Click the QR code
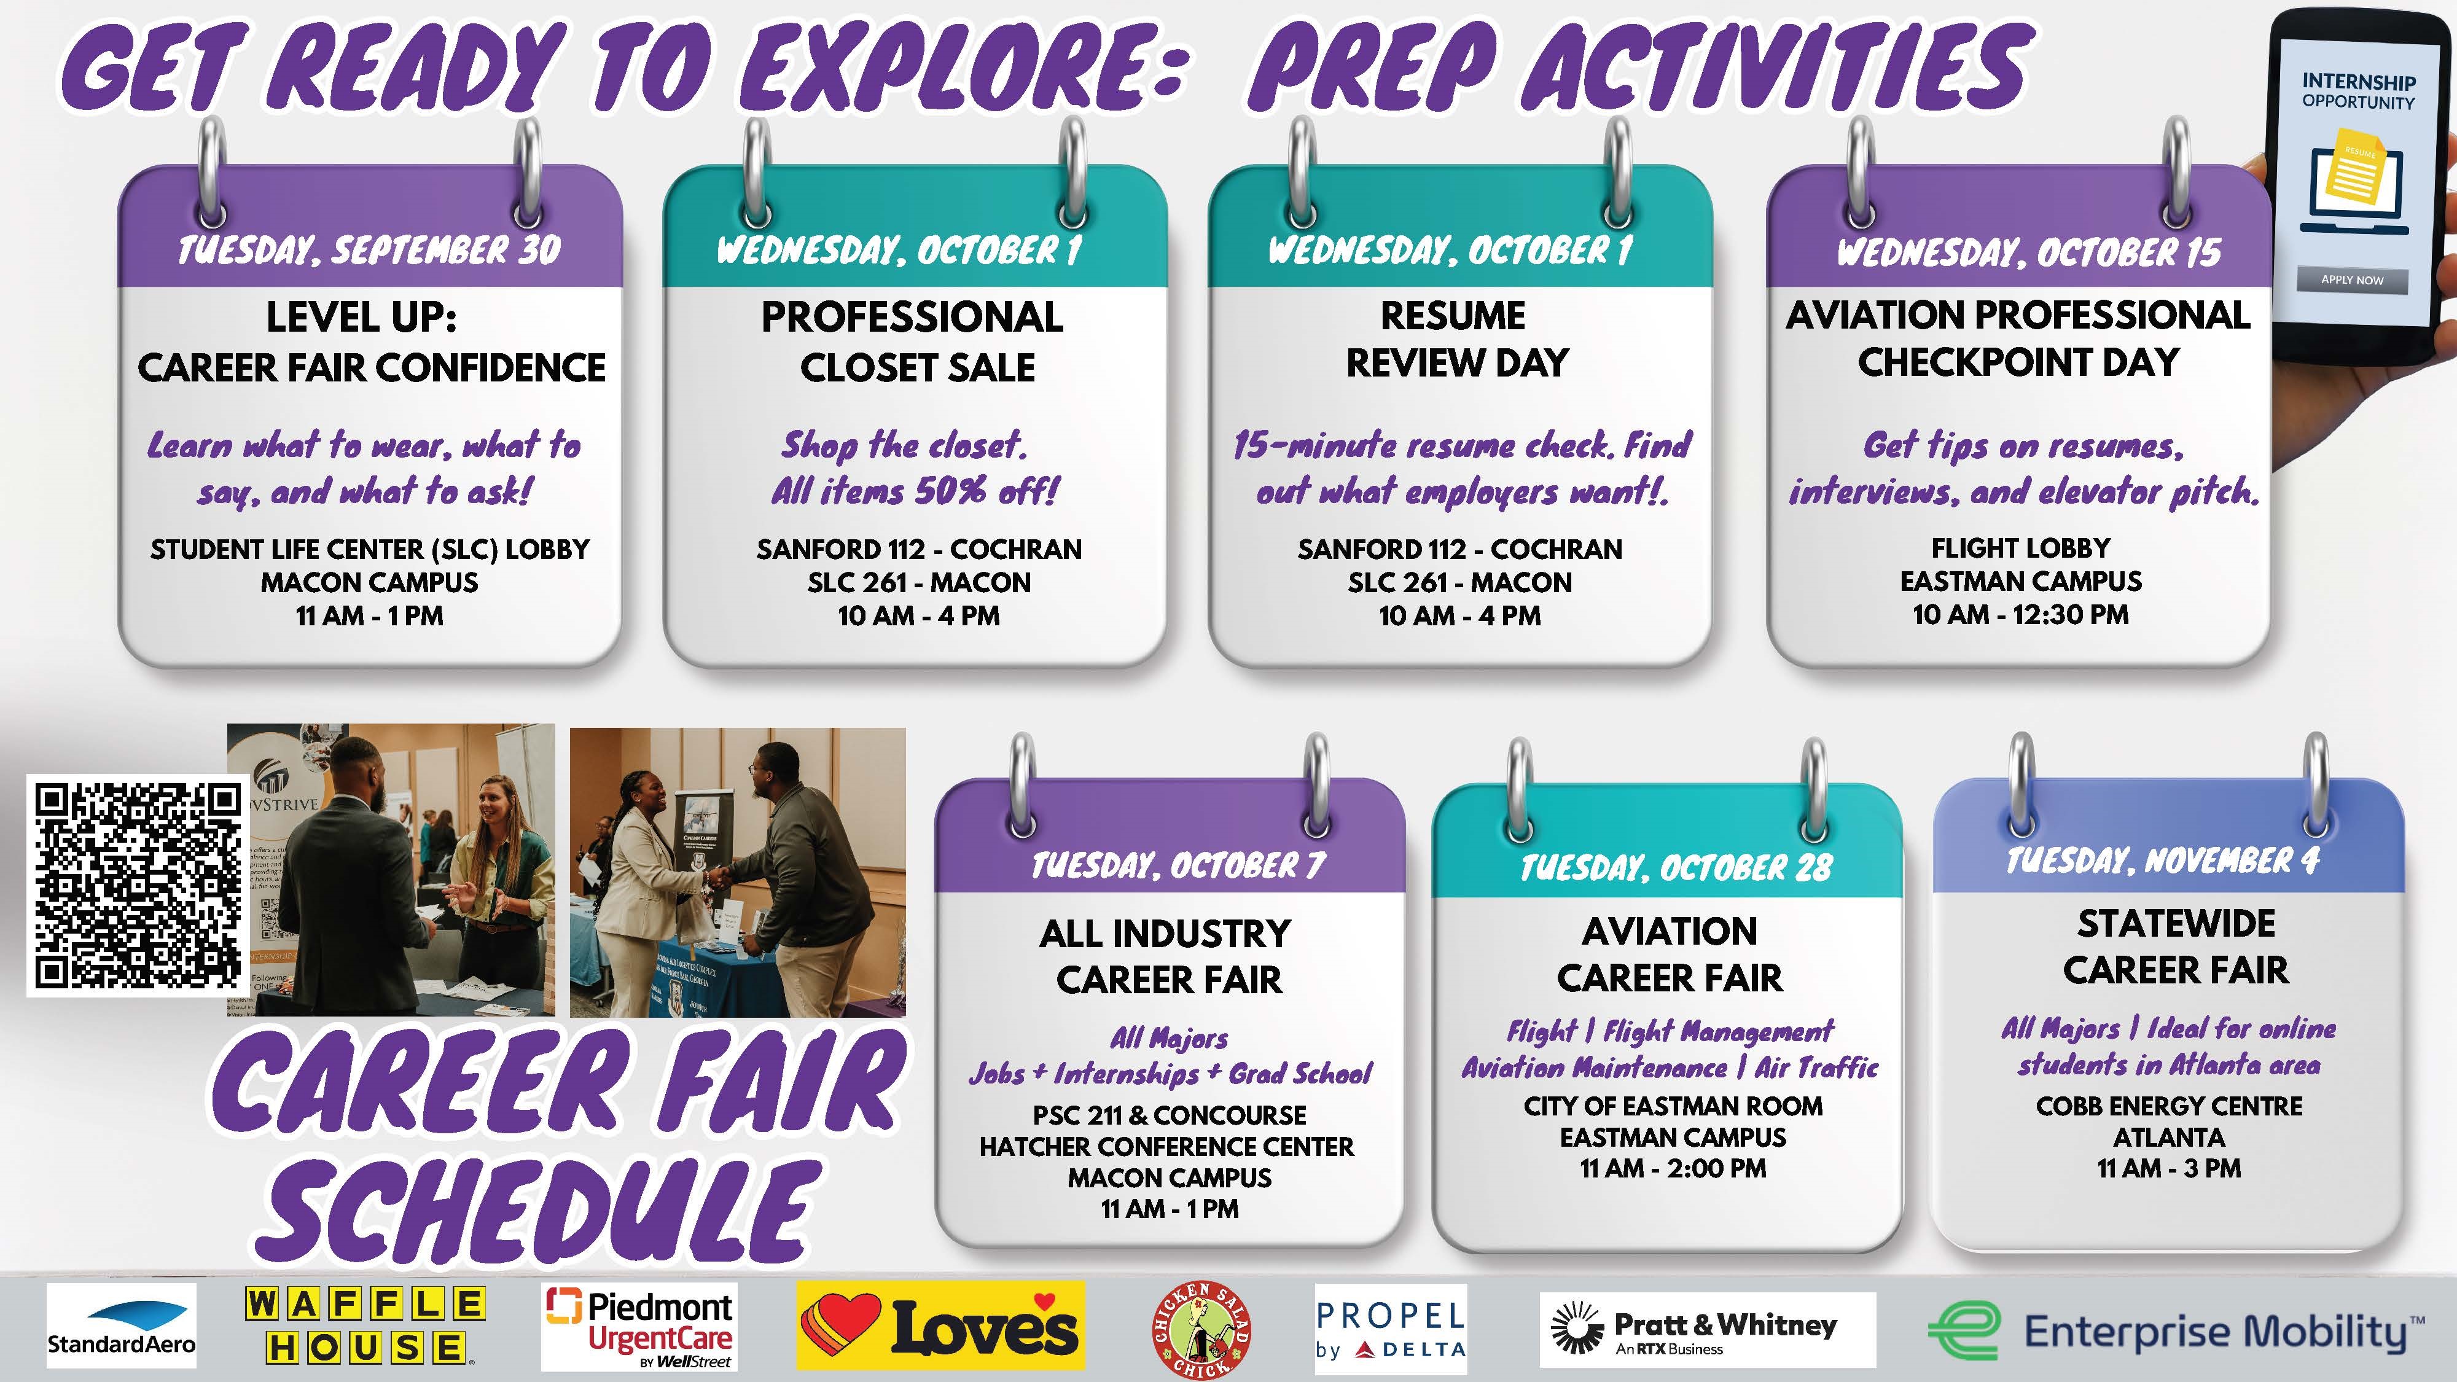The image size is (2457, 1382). [x=138, y=885]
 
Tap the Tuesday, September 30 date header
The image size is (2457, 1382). [x=369, y=250]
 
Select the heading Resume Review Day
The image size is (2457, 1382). [x=1456, y=338]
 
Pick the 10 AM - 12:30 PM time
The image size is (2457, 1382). [x=2020, y=614]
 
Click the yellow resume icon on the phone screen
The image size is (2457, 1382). [x=2355, y=174]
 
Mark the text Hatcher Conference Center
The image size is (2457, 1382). [x=1166, y=1146]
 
